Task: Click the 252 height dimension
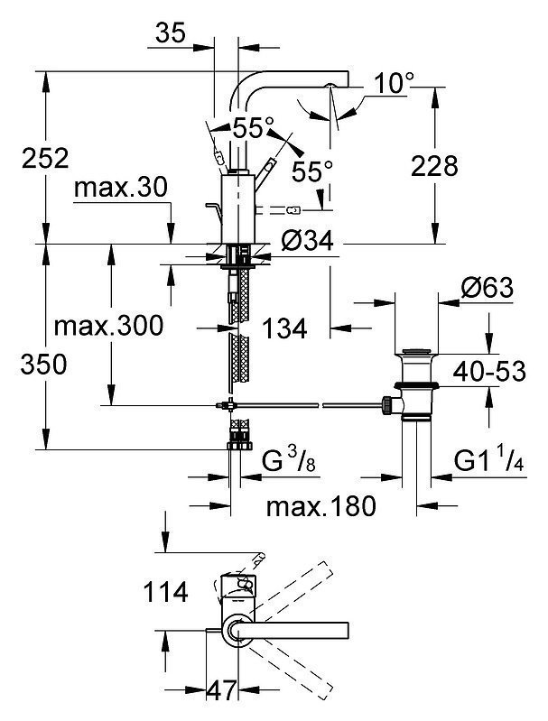click(45, 158)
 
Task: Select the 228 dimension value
click(434, 166)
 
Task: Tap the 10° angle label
click(394, 83)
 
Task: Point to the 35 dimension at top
click(171, 33)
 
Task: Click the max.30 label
click(121, 188)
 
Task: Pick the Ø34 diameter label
click(307, 240)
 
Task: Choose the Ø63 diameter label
click(487, 288)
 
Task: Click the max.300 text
click(108, 326)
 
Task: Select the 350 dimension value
click(43, 365)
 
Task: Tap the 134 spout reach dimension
click(284, 328)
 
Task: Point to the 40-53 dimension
click(489, 371)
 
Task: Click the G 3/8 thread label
click(289, 460)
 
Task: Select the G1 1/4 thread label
click(488, 460)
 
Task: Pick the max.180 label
click(321, 506)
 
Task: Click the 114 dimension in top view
click(165, 592)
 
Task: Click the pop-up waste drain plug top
click(417, 352)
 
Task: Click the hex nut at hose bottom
click(240, 446)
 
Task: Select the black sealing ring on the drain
click(415, 384)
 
